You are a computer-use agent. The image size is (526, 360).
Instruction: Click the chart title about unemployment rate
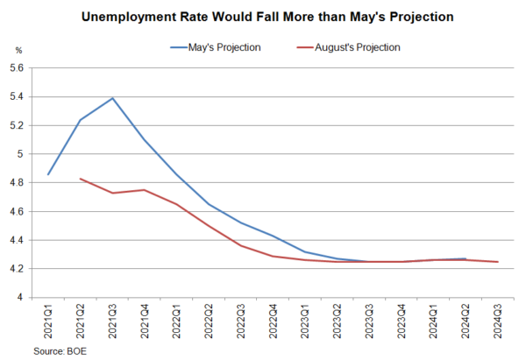click(263, 17)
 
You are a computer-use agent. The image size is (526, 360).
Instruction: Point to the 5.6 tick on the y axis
click(19, 67)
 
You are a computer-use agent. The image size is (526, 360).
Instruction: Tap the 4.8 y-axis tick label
click(19, 182)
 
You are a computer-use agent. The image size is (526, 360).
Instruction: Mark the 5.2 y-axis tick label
click(19, 124)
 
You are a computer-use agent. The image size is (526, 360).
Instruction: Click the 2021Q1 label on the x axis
click(48, 321)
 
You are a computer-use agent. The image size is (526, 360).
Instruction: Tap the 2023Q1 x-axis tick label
click(306, 321)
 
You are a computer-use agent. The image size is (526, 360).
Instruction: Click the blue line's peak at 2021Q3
click(113, 98)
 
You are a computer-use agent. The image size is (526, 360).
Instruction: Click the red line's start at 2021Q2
click(81, 179)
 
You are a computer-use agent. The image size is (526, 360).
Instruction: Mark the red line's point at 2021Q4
click(145, 190)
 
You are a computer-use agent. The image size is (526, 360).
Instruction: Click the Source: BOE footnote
click(60, 349)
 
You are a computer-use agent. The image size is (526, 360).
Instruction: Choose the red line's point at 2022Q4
click(274, 256)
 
